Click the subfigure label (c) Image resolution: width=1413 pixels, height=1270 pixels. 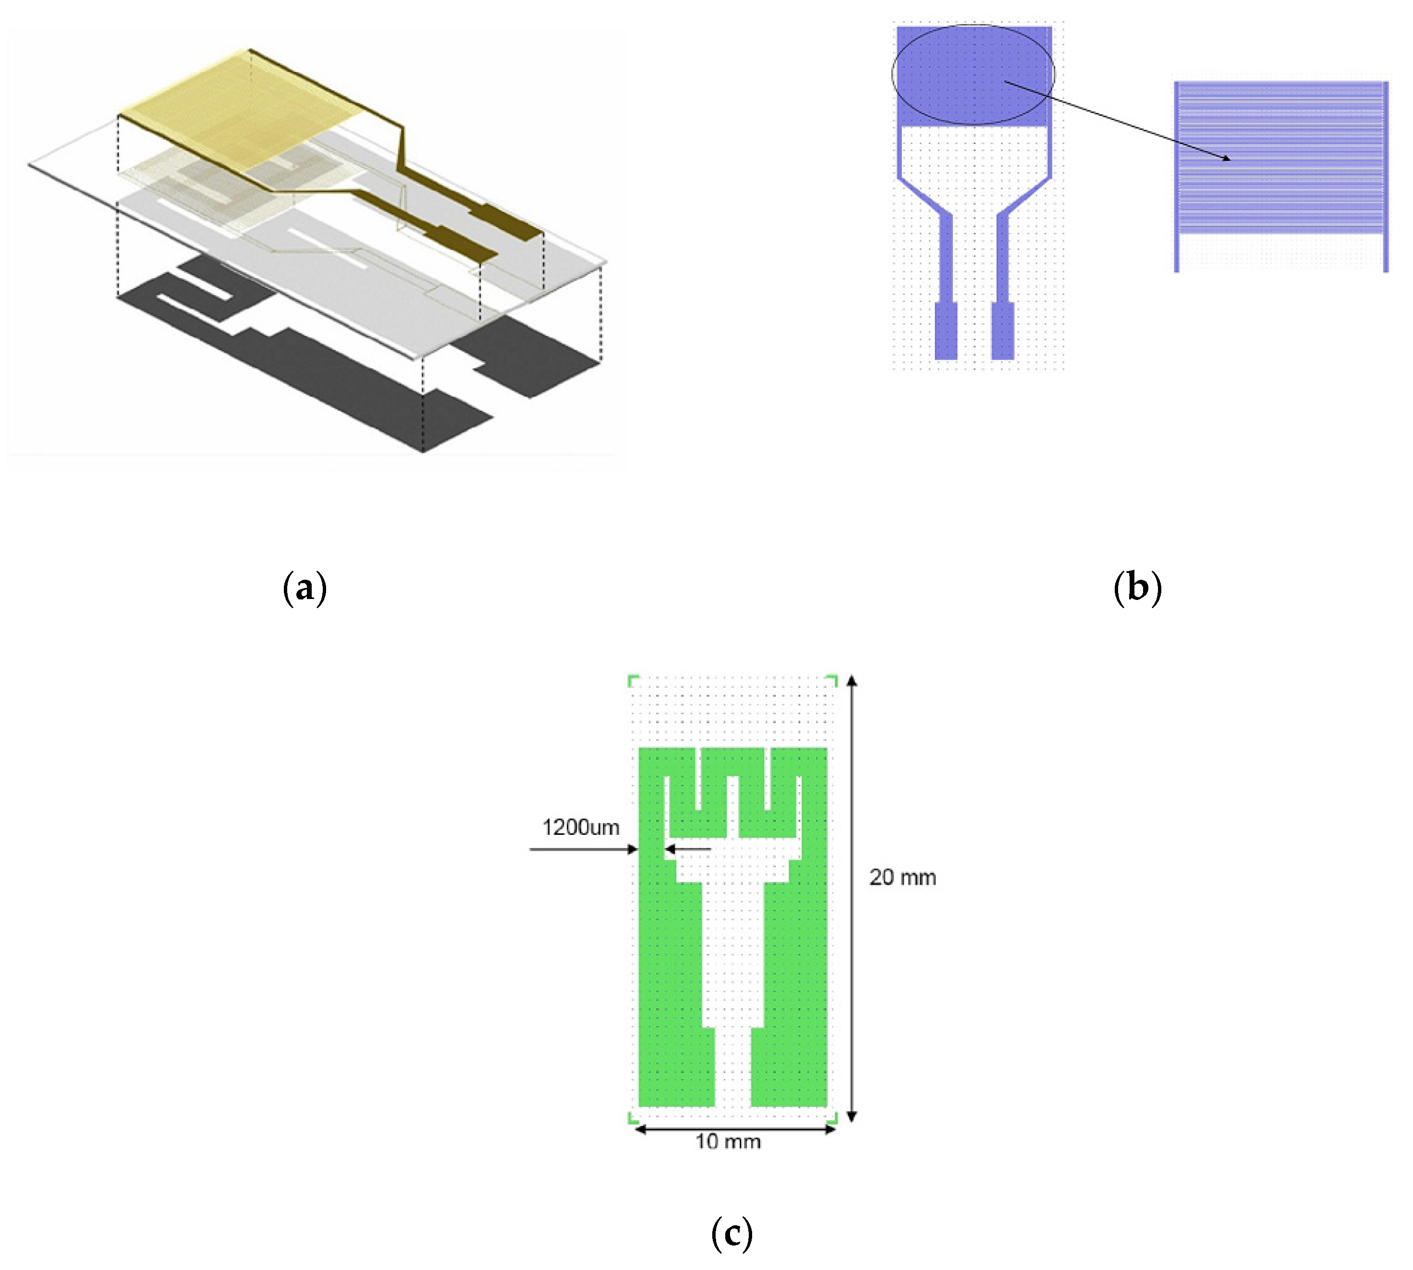(731, 1233)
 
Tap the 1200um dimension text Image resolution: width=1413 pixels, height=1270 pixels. (581, 828)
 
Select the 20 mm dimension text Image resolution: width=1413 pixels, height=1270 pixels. (902, 877)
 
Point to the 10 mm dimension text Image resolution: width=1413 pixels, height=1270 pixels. (728, 1142)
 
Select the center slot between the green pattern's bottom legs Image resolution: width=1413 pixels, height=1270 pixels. (732, 1068)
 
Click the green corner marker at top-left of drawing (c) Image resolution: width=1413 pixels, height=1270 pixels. (632, 679)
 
